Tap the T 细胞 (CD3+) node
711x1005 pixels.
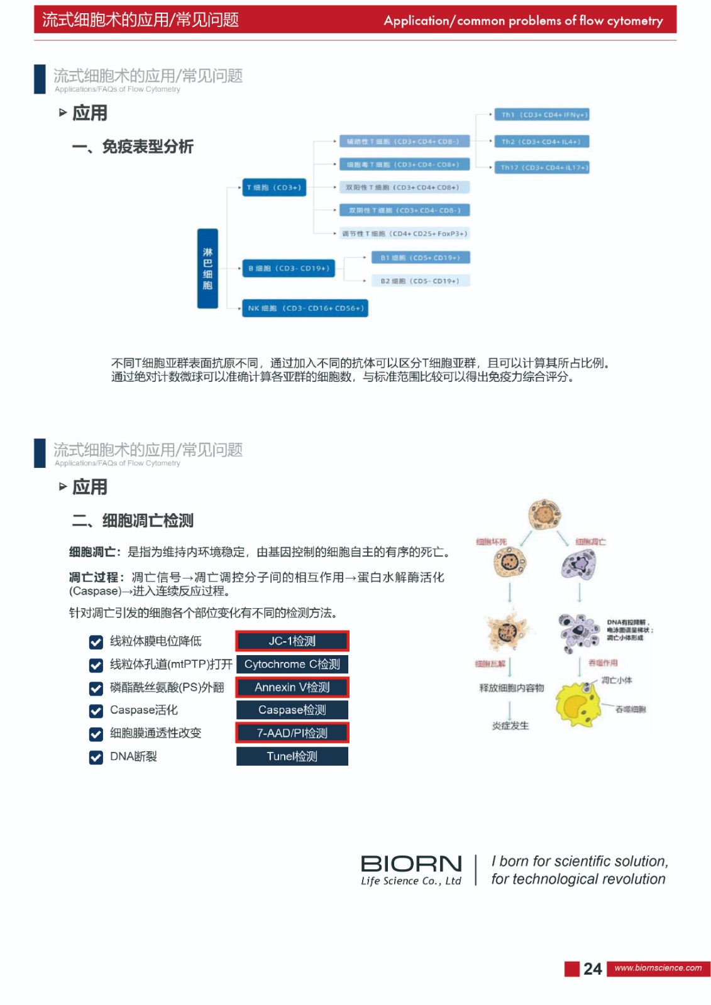274,187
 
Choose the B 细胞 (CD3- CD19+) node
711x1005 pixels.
289,268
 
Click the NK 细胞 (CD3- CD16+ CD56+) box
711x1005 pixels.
306,308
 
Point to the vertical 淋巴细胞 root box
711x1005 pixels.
207,269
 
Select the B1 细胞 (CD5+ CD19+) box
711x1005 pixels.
420,258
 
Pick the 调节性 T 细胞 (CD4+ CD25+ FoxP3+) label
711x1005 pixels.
404,234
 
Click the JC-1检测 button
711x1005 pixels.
292,641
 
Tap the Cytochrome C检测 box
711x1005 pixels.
292,665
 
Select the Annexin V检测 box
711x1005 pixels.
292,688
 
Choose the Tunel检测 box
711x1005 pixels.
292,756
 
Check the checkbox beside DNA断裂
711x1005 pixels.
96,758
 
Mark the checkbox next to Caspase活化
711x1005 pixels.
96,711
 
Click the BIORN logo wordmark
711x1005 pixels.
411,864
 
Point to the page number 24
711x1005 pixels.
592,969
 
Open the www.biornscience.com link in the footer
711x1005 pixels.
658,968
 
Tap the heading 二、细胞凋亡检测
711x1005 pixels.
133,521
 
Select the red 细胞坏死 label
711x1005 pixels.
491,541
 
